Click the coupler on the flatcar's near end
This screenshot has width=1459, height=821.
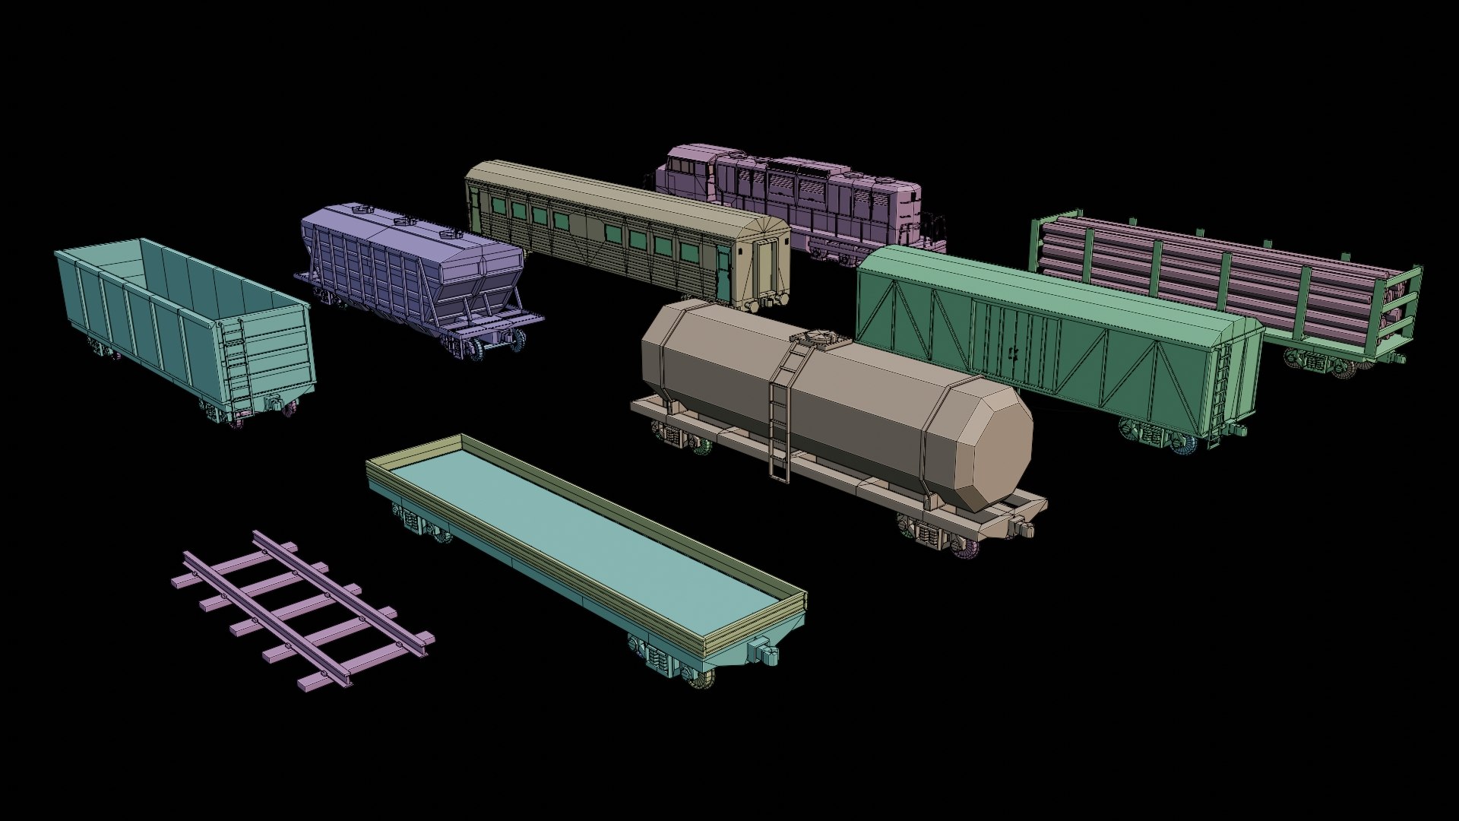(763, 654)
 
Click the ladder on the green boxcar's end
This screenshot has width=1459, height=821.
(1219, 395)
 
